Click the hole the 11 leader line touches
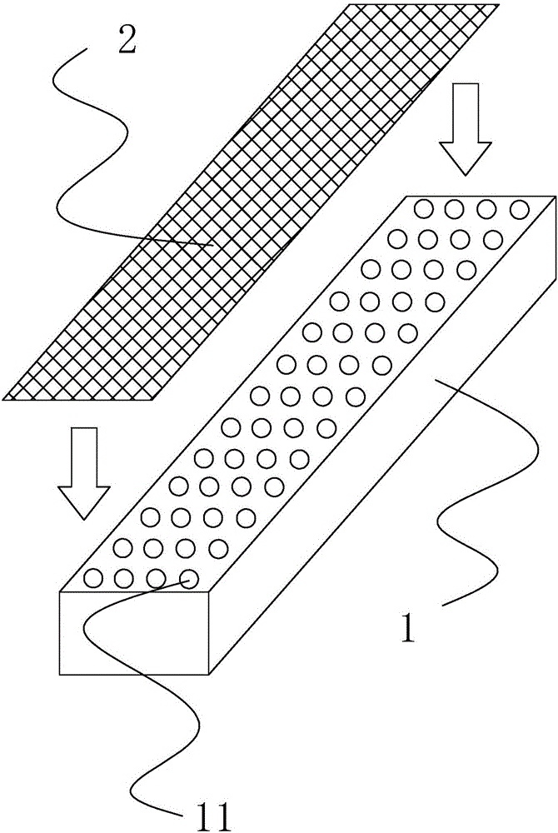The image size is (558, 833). tap(190, 577)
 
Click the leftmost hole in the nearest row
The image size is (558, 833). tap(93, 576)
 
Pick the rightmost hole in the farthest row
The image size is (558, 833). tap(520, 208)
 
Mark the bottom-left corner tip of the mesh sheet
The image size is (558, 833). tap(4, 398)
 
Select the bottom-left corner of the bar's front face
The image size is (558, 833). tap(61, 673)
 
